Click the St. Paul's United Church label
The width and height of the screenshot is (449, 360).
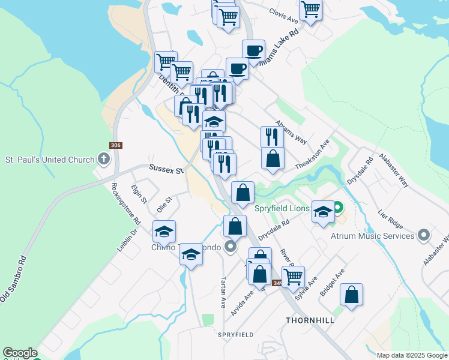point(50,160)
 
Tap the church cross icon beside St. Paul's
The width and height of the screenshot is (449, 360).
point(104,160)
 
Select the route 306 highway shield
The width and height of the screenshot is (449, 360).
point(116,146)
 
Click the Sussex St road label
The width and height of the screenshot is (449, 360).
point(165,170)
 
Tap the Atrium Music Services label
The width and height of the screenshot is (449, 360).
point(372,236)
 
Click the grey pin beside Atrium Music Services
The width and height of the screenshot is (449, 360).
point(424,235)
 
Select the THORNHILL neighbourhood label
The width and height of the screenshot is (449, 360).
point(310,320)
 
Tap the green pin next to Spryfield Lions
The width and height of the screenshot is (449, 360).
point(337,209)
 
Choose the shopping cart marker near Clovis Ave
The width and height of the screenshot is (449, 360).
point(310,8)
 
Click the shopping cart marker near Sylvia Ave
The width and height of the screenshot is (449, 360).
point(293,277)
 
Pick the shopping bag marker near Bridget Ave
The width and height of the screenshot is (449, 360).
point(351,295)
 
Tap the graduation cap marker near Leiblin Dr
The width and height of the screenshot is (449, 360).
point(164,232)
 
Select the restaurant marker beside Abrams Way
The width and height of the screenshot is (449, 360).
point(272,137)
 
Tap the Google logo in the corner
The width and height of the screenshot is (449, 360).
point(20,353)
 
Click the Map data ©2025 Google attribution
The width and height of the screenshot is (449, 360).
point(411,355)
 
